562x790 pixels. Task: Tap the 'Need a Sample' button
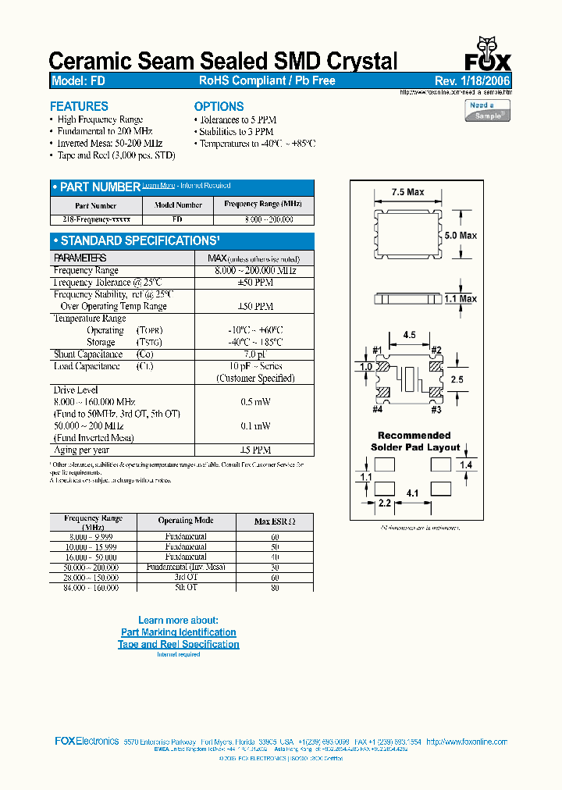(x=486, y=110)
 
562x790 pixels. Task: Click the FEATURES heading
(x=79, y=106)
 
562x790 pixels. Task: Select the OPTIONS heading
(x=219, y=106)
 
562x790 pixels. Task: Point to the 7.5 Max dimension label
(x=407, y=192)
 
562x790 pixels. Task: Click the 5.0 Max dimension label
(x=460, y=235)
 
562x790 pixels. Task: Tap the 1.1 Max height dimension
(x=460, y=298)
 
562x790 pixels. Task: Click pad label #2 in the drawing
(x=436, y=350)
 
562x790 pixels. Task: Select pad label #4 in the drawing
(x=378, y=409)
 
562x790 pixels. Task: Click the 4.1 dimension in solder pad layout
(x=413, y=493)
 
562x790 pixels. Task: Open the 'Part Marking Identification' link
(x=179, y=632)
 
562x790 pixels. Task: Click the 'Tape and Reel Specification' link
(x=179, y=644)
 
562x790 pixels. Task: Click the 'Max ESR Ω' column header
(x=274, y=521)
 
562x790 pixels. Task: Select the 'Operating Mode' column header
(x=186, y=520)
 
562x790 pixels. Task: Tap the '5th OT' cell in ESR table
(x=186, y=587)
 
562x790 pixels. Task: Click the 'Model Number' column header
(x=178, y=205)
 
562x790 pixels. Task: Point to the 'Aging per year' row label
(x=81, y=450)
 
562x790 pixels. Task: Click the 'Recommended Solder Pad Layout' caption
(x=414, y=441)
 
